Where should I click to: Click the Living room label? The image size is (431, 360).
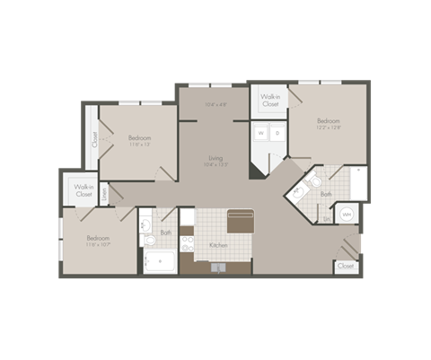215,158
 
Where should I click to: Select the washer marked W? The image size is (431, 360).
261,134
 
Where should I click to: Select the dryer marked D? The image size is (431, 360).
277,134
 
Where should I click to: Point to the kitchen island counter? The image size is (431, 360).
240,221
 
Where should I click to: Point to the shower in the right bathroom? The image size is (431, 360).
357,183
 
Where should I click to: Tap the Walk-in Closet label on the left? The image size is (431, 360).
84,190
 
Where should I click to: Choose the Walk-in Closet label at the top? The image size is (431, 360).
270,100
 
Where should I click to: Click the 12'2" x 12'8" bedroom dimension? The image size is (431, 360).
328,128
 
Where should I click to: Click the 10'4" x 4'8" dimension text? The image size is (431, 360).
215,104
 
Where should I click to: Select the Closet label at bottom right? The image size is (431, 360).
345,266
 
